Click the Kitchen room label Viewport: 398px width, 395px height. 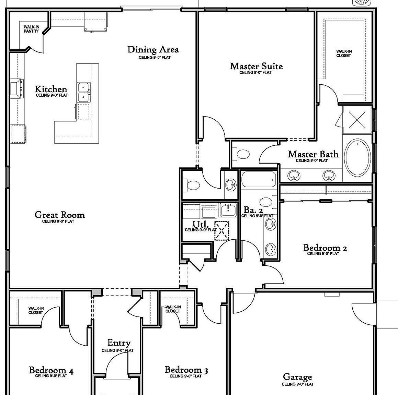(x=51, y=89)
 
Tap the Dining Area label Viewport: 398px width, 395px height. (x=153, y=50)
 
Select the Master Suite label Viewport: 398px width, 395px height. (x=256, y=66)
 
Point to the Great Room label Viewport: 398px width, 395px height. (x=59, y=215)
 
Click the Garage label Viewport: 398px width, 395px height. (x=297, y=377)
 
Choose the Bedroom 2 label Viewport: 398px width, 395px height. (x=325, y=248)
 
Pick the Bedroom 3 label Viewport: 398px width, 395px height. (x=186, y=370)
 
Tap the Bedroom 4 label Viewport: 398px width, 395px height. (x=51, y=370)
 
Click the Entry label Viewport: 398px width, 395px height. (x=119, y=343)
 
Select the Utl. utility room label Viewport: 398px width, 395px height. (x=200, y=225)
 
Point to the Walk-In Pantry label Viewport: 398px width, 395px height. (x=31, y=29)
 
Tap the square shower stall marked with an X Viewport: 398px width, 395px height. (x=357, y=120)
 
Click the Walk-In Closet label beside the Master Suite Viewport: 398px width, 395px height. (x=343, y=53)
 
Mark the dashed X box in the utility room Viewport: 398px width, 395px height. (x=221, y=230)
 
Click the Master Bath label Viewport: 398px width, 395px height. (x=313, y=154)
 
